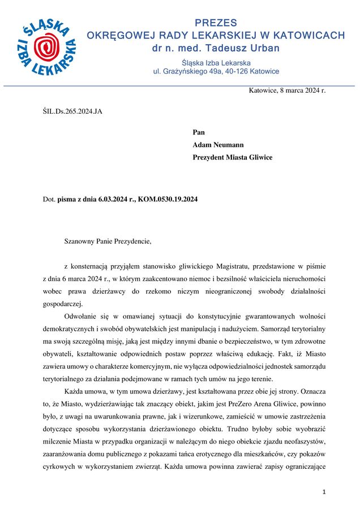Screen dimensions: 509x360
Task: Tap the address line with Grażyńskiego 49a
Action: [x=216, y=72]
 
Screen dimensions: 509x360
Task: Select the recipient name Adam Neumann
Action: [x=218, y=145]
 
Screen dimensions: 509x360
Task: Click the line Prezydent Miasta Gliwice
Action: [x=232, y=157]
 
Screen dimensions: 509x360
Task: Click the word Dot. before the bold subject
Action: [x=49, y=199]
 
